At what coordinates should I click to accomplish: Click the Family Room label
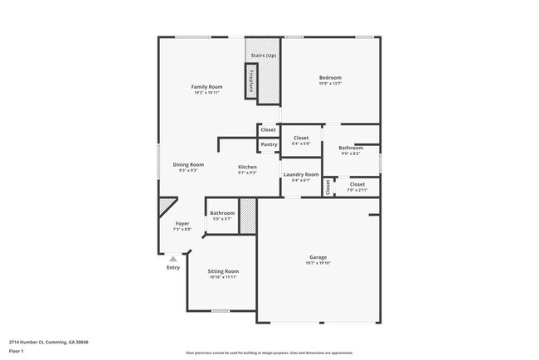[206, 86]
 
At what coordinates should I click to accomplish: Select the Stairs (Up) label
[265, 55]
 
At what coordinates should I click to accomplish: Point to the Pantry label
[269, 144]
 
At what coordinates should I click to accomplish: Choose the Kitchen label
[247, 167]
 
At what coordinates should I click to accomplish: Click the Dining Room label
[188, 164]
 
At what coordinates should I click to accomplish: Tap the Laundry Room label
[300, 174]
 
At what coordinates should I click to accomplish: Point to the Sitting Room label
[223, 271]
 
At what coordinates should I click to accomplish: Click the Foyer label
[182, 224]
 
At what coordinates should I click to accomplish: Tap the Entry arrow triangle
[173, 259]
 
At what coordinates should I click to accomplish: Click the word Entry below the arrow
[172, 267]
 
